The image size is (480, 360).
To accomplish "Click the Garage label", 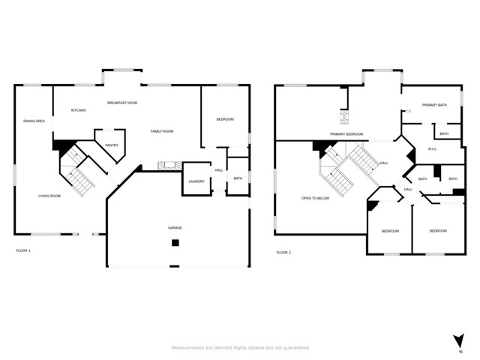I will (x=175, y=227).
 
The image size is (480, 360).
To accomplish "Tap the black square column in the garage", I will (x=175, y=242).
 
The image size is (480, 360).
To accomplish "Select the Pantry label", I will (x=112, y=145).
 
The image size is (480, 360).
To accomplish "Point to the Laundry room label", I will (x=196, y=181).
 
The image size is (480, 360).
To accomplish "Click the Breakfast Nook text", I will (x=122, y=103).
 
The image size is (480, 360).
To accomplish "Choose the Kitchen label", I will (x=78, y=110).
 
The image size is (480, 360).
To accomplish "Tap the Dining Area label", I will (x=34, y=121).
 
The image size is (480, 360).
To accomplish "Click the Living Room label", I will (x=49, y=196).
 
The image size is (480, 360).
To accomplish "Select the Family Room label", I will (x=162, y=131).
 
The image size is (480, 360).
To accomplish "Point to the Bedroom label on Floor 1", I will (x=225, y=120).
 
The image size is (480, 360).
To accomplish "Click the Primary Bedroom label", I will (x=346, y=134).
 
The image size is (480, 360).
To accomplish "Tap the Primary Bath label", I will (x=433, y=105).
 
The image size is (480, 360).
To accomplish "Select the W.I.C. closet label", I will (x=432, y=148).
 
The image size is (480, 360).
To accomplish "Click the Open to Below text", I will (x=316, y=198).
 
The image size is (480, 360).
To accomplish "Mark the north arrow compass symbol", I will (x=459, y=339).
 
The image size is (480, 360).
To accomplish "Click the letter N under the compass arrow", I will (x=459, y=351).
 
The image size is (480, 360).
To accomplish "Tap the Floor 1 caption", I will (x=23, y=250).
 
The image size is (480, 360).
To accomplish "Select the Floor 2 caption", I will (x=283, y=252).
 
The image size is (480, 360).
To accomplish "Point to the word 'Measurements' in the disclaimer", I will (x=188, y=348).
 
